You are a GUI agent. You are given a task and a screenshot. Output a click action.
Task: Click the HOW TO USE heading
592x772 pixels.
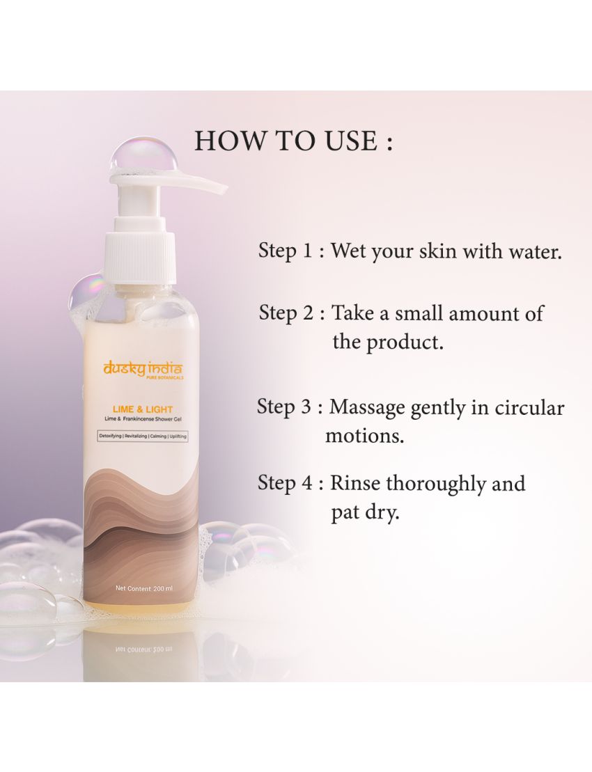[294, 141]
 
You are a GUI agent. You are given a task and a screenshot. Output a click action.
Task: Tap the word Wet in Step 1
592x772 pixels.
[348, 251]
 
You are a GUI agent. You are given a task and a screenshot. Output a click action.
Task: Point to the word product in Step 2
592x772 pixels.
[405, 342]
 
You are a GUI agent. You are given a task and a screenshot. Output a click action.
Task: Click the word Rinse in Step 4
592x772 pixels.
[355, 483]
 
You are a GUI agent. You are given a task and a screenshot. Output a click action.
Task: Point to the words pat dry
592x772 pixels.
[364, 514]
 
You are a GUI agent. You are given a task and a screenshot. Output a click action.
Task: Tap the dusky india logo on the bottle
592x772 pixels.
[142, 369]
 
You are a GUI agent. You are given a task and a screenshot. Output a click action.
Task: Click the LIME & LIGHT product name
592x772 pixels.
[142, 409]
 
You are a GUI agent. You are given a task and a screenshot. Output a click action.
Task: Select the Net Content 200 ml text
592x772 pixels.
[143, 588]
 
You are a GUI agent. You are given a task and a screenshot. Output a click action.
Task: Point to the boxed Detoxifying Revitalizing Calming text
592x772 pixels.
[142, 436]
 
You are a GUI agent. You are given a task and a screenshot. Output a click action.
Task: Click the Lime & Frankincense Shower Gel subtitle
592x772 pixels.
[142, 420]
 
